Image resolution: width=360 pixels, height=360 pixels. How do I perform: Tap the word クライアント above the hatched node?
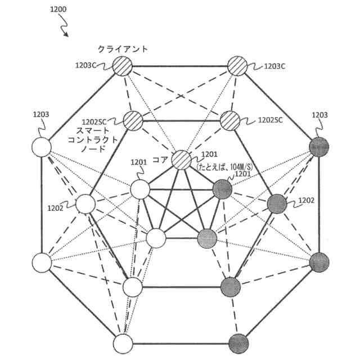[x=122, y=49]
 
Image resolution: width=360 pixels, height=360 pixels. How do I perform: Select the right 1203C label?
[x=275, y=66]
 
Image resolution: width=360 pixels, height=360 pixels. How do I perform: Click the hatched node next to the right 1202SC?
[x=230, y=120]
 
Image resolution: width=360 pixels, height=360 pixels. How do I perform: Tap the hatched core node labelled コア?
[x=181, y=160]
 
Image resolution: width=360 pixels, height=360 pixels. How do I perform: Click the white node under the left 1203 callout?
[x=41, y=148]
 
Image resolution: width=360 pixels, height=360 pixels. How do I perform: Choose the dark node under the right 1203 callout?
[x=319, y=148]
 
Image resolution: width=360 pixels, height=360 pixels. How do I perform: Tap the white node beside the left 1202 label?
[x=85, y=204]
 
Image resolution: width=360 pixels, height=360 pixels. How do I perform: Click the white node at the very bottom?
[x=122, y=343]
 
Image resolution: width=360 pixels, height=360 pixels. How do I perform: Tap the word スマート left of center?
[x=93, y=131]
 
